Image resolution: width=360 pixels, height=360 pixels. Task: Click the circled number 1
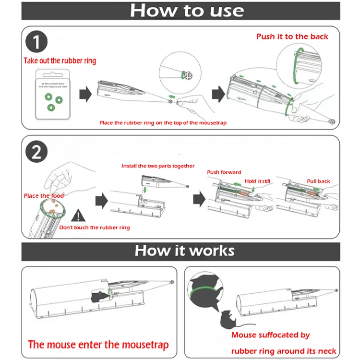point(36,43)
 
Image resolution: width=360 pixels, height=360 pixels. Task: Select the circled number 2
point(36,152)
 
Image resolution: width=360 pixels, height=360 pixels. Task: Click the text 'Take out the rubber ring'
point(60,61)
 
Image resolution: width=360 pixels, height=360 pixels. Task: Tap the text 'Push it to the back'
point(292,36)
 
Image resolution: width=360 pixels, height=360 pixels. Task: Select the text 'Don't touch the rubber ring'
point(95,227)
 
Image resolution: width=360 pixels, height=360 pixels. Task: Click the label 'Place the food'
point(44,196)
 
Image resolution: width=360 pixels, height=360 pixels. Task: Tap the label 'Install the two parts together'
point(158,166)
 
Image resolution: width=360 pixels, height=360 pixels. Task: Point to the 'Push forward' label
point(224,172)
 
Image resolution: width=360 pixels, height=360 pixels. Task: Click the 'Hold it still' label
point(257,181)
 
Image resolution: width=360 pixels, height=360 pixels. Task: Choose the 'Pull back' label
point(319,181)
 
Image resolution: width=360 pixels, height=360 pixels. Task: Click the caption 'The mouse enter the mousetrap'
point(98,345)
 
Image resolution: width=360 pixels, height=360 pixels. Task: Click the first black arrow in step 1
point(85,95)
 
